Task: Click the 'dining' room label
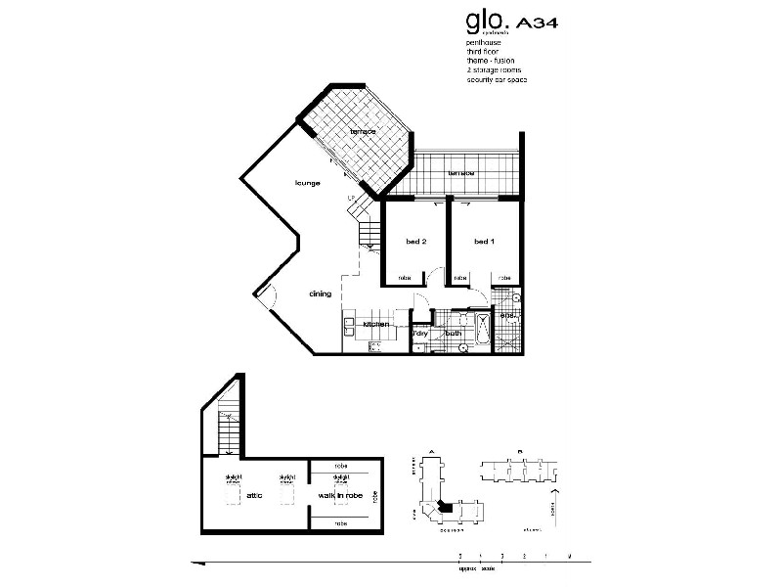point(320,293)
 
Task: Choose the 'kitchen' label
point(376,324)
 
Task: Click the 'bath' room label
point(454,334)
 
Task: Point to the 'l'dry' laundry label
point(421,334)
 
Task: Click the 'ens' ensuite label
point(507,315)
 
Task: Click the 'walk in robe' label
point(341,495)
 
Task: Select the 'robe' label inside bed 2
point(406,279)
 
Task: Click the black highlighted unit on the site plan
point(446,507)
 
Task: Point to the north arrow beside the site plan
point(558,508)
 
